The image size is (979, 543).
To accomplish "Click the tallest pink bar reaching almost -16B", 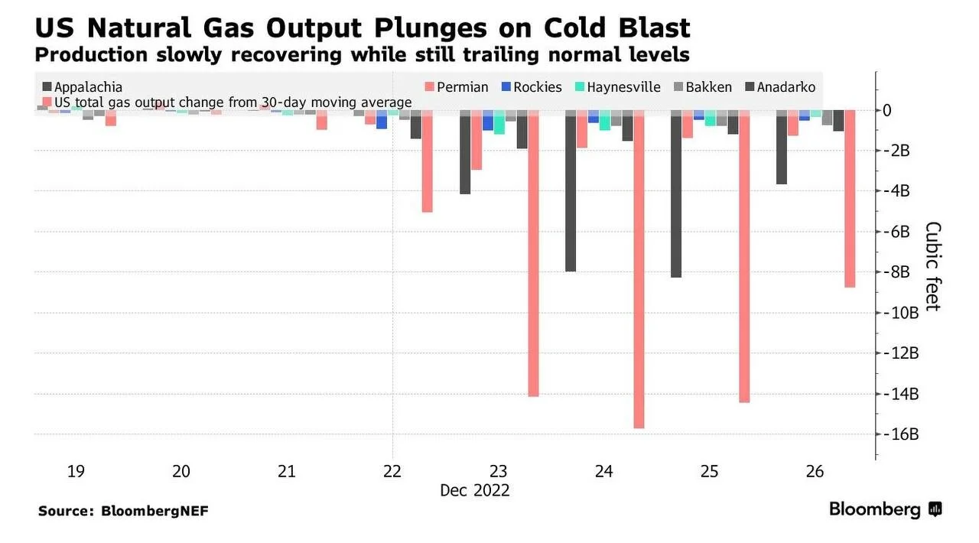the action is coord(639,269).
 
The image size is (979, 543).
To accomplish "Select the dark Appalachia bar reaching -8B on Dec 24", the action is coord(571,190).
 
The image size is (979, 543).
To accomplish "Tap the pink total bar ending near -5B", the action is coord(427,161).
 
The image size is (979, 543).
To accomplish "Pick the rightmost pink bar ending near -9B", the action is coord(850,199).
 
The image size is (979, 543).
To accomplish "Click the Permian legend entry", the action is coord(457,87).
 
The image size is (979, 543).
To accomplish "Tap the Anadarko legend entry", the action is coord(781,87).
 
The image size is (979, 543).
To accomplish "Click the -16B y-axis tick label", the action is coord(901,434).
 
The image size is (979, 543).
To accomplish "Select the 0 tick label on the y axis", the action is coord(886,111).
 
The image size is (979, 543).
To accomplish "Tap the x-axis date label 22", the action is coord(392,471).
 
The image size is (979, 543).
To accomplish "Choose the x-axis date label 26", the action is coord(815,471).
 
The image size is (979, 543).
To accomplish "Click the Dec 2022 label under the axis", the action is coord(475,490).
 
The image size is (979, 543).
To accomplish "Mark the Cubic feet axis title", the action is coord(932,266).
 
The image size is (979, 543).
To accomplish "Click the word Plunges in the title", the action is coord(431,28).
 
